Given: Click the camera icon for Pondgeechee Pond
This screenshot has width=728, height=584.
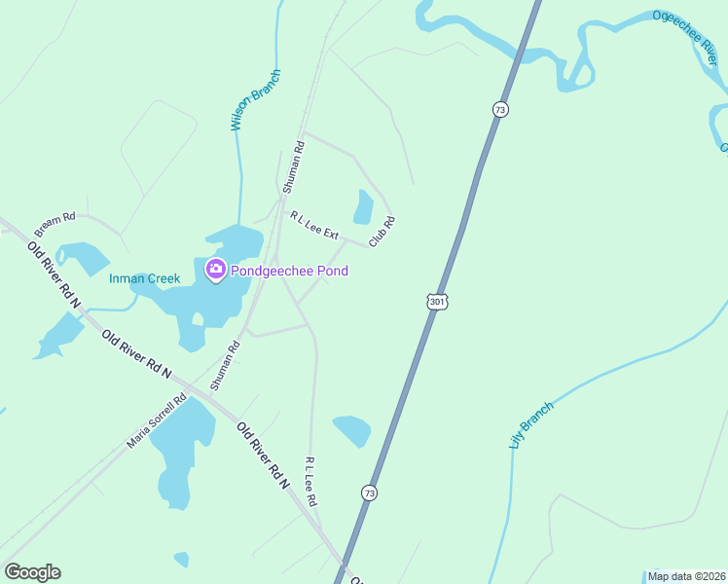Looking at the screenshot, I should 215,269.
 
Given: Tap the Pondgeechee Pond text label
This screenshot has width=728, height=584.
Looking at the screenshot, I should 289,270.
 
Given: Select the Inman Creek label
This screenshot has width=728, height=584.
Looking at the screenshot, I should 144,278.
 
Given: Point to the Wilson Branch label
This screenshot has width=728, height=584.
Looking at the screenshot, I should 256,100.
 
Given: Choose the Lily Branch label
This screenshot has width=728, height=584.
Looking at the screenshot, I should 531,424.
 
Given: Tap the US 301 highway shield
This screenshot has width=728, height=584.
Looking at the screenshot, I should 436,302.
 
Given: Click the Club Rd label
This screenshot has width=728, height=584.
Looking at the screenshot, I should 382,231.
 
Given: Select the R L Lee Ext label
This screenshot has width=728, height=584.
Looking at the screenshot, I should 313,225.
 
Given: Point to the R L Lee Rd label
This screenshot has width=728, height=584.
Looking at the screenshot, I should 311,481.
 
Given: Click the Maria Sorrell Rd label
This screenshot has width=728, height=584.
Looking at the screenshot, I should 156,421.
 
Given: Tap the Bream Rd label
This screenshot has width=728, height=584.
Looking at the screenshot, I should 55,225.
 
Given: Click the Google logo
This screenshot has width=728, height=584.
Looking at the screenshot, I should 32,572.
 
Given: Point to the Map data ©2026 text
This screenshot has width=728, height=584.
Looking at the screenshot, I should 686,576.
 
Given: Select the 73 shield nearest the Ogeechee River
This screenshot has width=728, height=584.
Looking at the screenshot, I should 500,110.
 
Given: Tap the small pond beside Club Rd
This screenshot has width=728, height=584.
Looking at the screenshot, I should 363,206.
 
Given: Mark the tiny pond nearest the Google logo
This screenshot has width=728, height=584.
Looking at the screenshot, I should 181,559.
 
